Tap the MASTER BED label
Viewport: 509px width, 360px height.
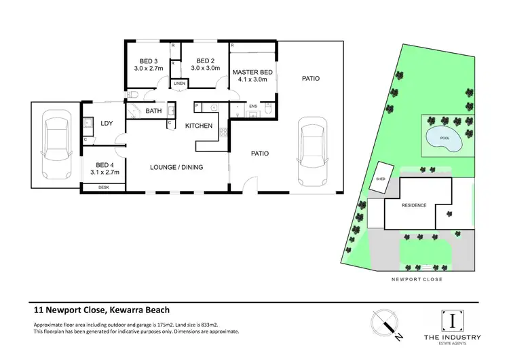pyautogui.click(x=253, y=72)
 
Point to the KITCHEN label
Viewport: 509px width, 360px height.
pyautogui.click(x=199, y=126)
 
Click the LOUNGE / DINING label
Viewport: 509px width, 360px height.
pyautogui.click(x=176, y=167)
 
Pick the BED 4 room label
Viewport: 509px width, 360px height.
pyautogui.click(x=104, y=165)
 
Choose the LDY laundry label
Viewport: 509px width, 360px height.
pyautogui.click(x=107, y=123)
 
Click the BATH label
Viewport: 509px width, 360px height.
pyautogui.click(x=153, y=111)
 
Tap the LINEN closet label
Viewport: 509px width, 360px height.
pyautogui.click(x=179, y=84)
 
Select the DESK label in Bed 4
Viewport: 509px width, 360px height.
pyautogui.click(x=104, y=187)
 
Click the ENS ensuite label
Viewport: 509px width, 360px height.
pyautogui.click(x=253, y=107)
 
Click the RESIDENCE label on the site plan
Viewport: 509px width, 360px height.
pyautogui.click(x=414, y=204)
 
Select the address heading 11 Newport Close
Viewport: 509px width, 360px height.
pyautogui.click(x=98, y=308)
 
